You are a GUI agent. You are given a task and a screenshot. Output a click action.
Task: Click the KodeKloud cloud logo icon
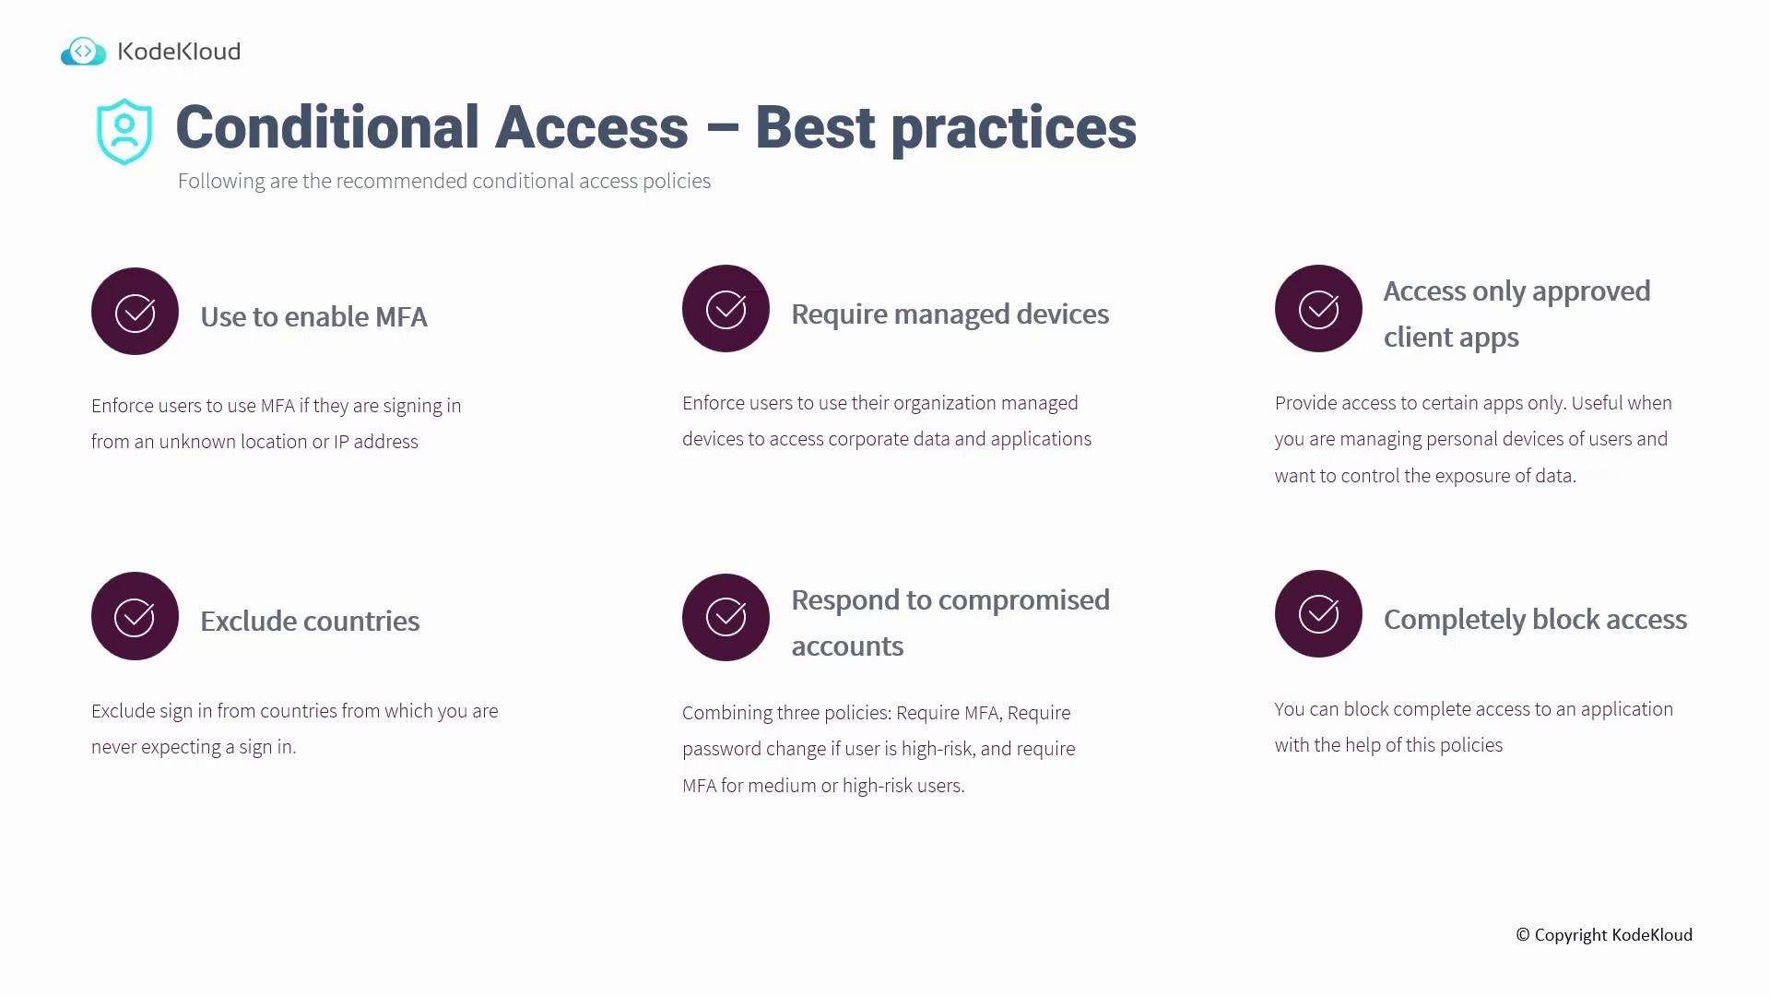[84, 52]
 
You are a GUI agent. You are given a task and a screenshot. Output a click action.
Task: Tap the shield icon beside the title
[124, 132]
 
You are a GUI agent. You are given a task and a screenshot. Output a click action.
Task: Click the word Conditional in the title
[327, 127]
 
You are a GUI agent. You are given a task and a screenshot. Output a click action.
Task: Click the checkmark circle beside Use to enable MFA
[135, 312]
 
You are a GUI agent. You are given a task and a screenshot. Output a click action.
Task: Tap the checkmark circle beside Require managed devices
[726, 309]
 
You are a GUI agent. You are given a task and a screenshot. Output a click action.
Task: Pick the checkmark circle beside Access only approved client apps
[1318, 309]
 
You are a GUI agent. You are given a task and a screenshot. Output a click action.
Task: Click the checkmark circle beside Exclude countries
[135, 616]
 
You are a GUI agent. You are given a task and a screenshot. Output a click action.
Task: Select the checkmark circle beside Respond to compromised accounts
[726, 617]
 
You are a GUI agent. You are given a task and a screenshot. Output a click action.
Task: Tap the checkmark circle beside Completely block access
[1318, 613]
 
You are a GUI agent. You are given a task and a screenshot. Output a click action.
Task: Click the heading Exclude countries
[310, 621]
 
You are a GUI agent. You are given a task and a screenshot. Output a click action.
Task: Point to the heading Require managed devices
[950, 314]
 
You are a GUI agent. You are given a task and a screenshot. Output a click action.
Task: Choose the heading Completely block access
[1535, 620]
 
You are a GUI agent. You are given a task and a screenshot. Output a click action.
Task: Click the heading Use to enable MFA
[313, 316]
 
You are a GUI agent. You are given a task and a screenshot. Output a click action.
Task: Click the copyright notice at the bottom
[1604, 935]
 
